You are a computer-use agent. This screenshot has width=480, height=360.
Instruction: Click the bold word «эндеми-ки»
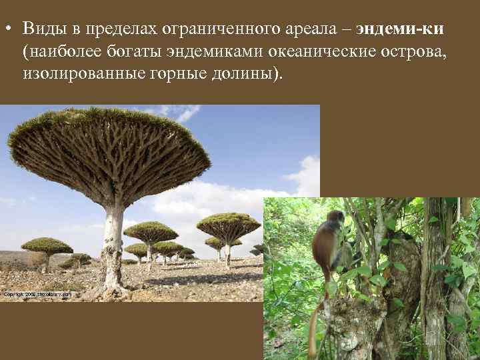click(x=400, y=29)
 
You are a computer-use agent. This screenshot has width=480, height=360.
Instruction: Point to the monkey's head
click(x=334, y=220)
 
